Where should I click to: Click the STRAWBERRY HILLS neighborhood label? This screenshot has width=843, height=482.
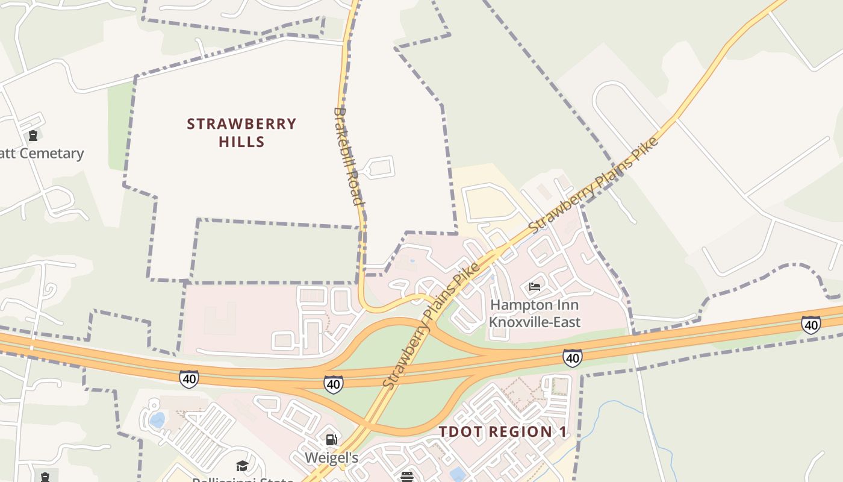point(241,133)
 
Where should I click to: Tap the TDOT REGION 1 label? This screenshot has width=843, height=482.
point(503,432)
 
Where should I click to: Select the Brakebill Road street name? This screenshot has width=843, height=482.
point(349,157)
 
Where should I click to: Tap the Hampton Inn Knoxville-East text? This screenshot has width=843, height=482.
point(535,313)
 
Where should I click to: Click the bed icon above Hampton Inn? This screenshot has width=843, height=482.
point(535,286)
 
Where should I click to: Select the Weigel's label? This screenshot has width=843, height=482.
point(331,458)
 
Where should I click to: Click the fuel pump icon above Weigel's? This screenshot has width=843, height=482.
point(331,439)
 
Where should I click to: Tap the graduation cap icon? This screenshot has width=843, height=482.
point(242,466)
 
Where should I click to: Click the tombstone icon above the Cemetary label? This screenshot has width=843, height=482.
point(33,136)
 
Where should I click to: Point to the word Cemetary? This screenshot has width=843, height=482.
point(52,154)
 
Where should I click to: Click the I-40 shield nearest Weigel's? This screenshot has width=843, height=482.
point(333,384)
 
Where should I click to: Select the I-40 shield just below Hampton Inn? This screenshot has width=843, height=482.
point(572,358)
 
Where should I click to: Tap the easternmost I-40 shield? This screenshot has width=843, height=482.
point(810,325)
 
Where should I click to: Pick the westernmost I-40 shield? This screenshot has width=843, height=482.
point(188,379)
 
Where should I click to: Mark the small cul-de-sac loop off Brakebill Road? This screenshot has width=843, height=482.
point(380,167)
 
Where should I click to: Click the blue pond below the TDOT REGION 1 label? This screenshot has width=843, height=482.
point(458,474)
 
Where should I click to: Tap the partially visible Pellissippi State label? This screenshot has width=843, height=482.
point(242,479)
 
